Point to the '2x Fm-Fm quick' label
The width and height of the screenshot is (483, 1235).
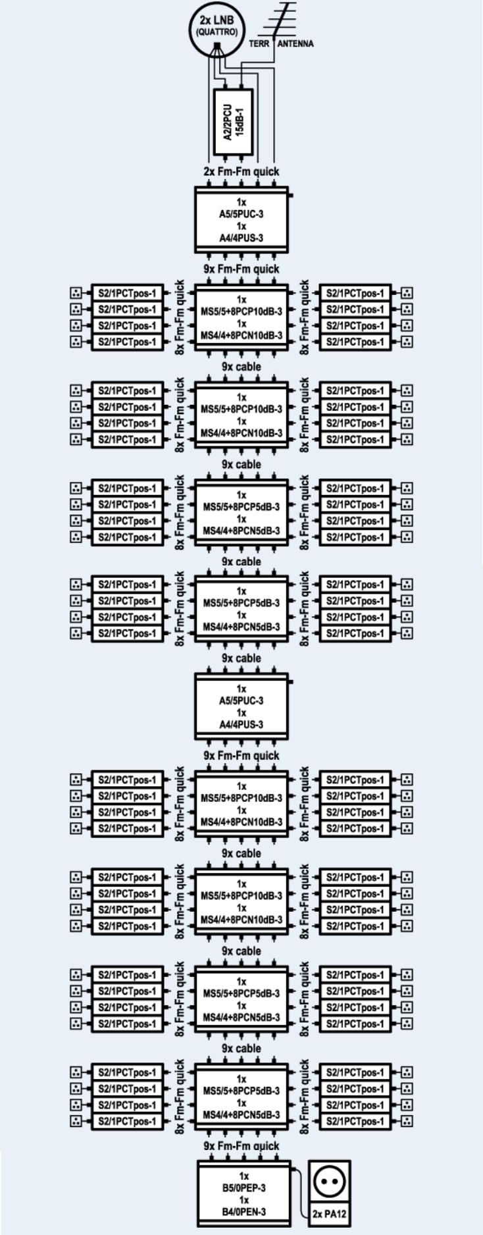tap(241, 171)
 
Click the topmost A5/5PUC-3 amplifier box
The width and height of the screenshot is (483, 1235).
tap(241, 219)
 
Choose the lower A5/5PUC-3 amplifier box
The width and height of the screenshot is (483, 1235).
tap(241, 706)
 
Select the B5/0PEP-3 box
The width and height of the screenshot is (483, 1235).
tap(244, 1193)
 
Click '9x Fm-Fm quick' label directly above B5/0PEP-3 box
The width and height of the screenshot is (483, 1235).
tap(241, 1146)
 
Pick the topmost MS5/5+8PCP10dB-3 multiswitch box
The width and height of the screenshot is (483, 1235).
tap(241, 317)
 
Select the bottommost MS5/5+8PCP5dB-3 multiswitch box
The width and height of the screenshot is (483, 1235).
tap(241, 1097)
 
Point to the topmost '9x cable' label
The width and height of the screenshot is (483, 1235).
tap(241, 367)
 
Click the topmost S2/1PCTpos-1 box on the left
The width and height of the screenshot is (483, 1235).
tap(127, 293)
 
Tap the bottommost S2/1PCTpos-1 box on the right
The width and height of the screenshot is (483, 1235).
tap(355, 1121)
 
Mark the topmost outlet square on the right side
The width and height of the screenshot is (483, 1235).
tap(407, 293)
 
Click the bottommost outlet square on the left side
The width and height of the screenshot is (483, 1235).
tap(76, 1121)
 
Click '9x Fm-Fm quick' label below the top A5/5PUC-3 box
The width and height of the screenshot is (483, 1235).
tap(241, 269)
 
